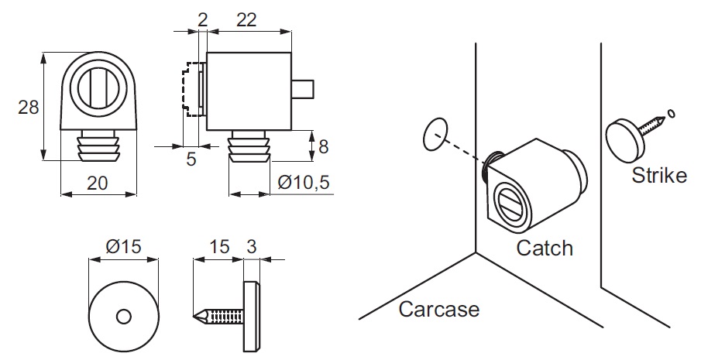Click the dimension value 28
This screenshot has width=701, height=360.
29,108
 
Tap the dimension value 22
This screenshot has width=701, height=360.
246,21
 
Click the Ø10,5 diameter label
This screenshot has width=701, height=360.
304,183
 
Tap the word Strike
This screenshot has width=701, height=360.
658,175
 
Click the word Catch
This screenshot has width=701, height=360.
545,248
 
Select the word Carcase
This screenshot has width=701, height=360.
438,310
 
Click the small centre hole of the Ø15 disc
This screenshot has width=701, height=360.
123,316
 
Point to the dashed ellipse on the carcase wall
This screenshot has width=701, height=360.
436,134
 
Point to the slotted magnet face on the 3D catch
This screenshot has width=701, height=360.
509,204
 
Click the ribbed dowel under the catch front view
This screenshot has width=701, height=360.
98,146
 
